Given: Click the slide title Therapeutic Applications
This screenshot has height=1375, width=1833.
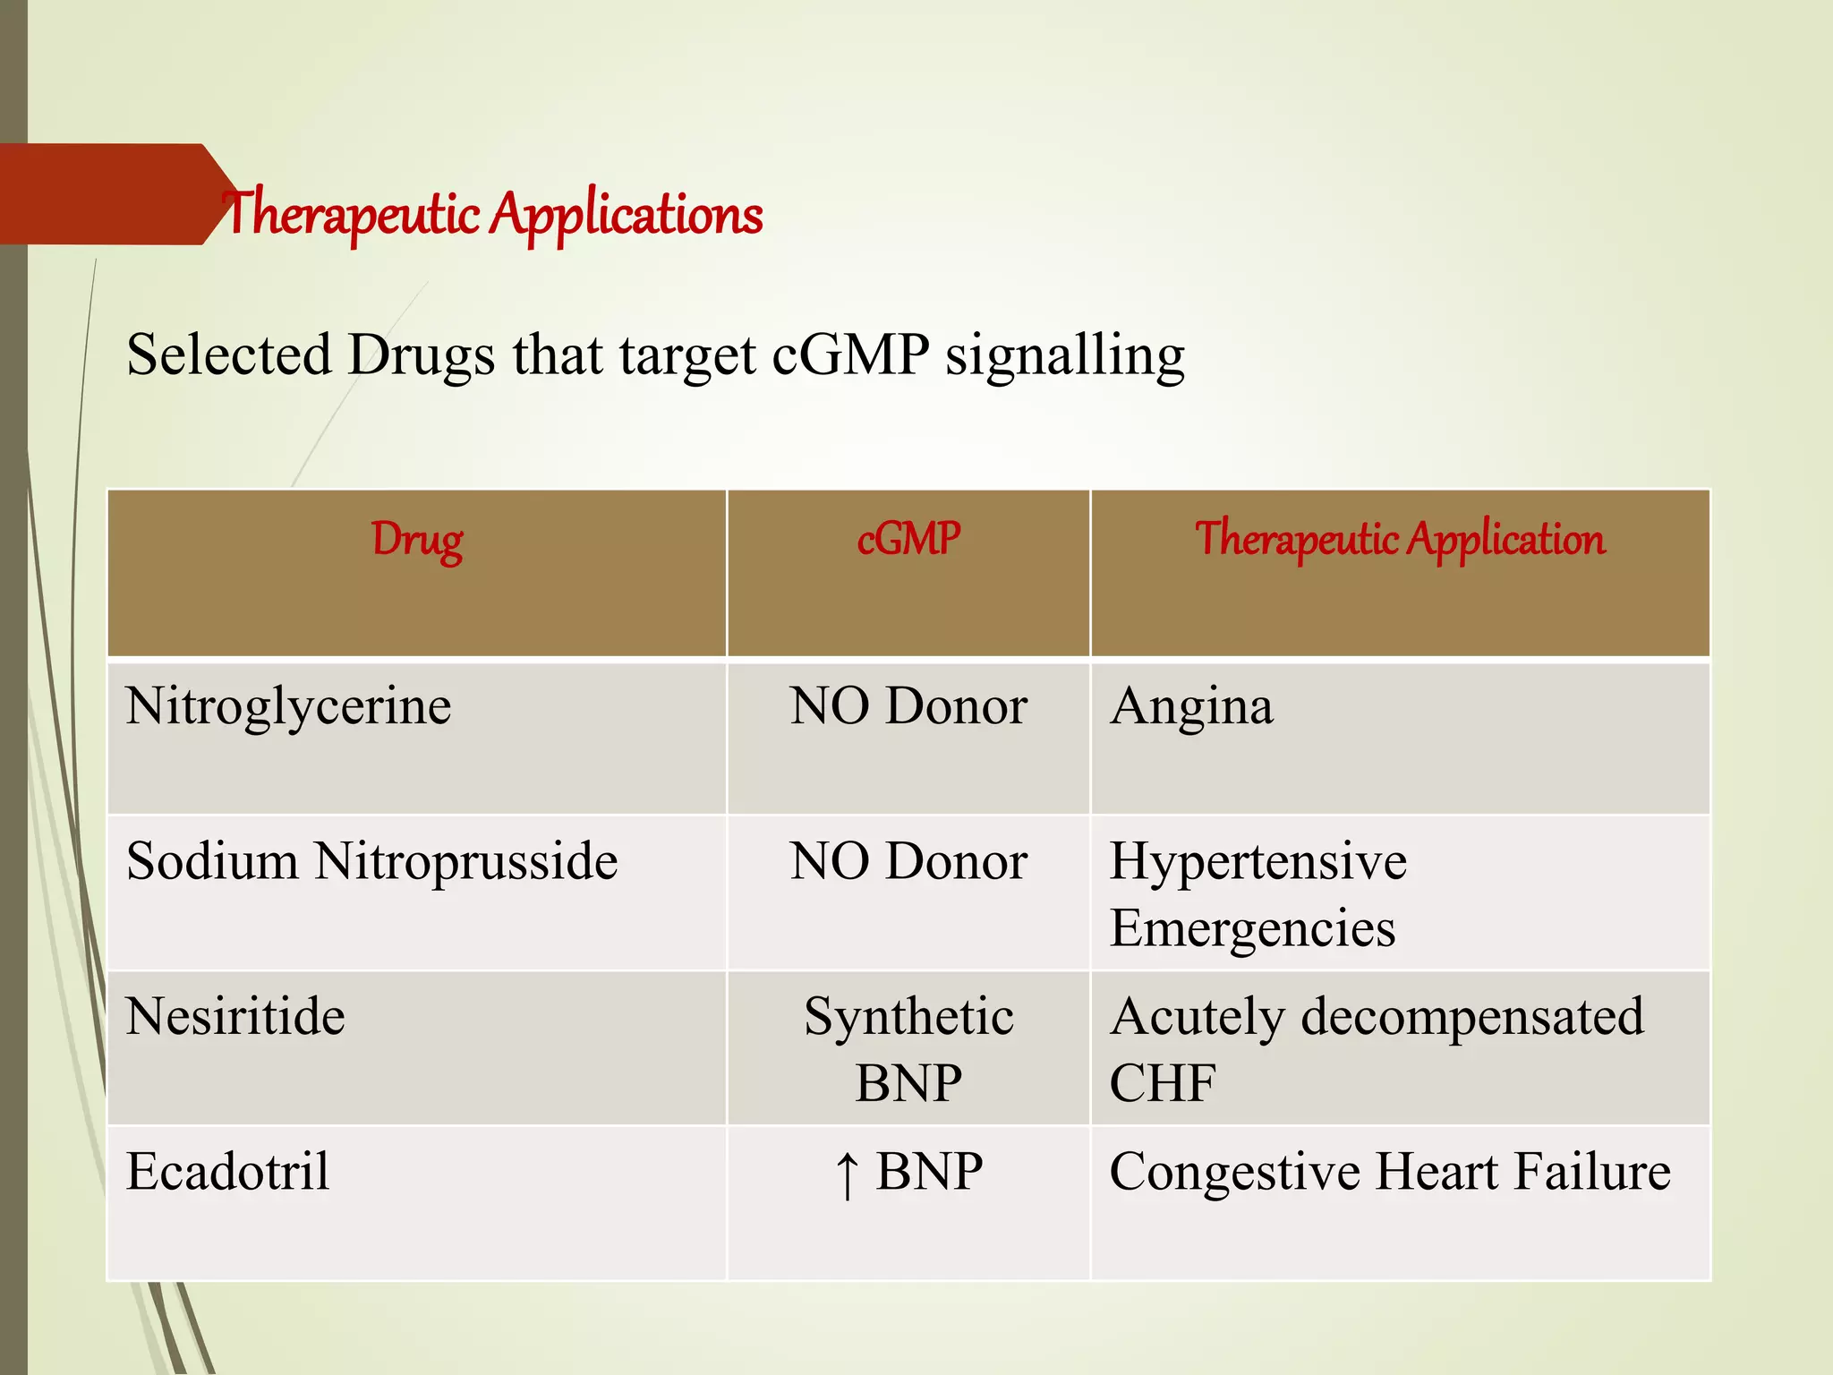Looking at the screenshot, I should [x=493, y=215].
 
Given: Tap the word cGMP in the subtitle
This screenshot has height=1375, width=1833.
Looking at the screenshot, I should [x=849, y=354].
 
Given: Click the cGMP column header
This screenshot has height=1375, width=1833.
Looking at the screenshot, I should [x=908, y=540].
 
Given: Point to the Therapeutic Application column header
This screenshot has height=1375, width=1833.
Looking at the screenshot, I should [x=1400, y=540].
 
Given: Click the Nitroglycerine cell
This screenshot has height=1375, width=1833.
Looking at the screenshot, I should [x=288, y=706].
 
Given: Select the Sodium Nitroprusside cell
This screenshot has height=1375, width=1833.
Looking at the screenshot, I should [x=371, y=861].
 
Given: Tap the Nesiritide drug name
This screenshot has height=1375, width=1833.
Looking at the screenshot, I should [x=235, y=1017].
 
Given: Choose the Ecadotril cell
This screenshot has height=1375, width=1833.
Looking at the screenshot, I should [x=228, y=1172].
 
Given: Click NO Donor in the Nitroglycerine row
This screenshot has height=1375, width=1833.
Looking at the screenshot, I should [x=908, y=706].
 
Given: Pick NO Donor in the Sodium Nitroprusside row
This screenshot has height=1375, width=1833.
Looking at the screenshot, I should [x=908, y=861].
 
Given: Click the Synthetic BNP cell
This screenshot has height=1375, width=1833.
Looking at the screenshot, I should [x=908, y=1049].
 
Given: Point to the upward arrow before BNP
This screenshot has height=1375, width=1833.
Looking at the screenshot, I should [x=847, y=1174].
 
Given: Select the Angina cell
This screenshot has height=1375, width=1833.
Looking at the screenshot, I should [x=1191, y=706].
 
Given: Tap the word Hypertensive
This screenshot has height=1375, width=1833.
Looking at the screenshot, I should [x=1258, y=861].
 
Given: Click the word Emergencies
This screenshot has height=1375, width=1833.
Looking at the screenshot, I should [x=1252, y=928].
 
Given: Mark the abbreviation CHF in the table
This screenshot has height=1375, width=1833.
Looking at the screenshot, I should [x=1162, y=1083].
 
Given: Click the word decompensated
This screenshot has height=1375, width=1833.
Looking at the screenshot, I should [x=1471, y=1017].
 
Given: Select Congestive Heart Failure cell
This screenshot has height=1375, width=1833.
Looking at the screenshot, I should [x=1389, y=1172].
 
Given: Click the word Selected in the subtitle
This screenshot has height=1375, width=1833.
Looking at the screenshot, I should [x=229, y=354].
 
